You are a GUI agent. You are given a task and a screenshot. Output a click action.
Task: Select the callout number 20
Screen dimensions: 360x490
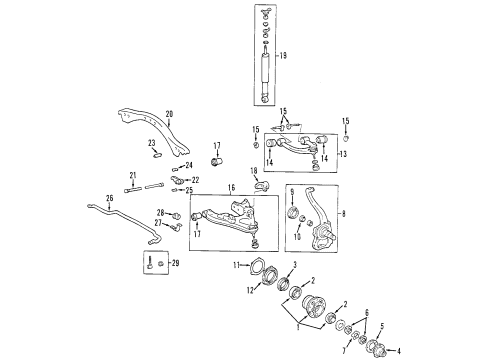pos(169,113)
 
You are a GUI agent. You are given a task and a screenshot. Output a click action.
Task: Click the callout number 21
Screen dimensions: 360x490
pos(131,176)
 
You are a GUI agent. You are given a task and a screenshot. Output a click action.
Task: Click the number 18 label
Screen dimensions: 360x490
pos(253,171)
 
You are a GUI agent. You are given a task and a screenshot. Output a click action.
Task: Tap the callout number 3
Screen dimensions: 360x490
pos(294,263)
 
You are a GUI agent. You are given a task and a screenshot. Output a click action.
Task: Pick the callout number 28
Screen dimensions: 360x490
pos(159,213)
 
